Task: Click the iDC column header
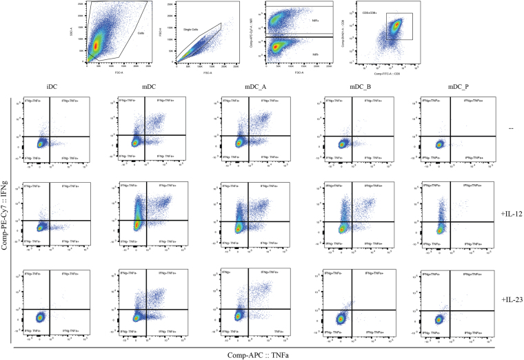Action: click(42, 88)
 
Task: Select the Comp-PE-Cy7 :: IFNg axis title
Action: click(6, 219)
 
